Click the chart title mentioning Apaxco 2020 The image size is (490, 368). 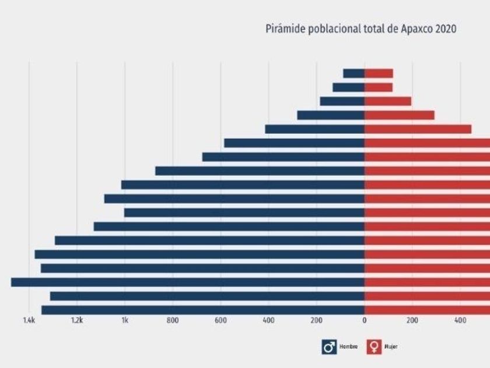tap(361, 28)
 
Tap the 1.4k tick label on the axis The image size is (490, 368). tap(29, 320)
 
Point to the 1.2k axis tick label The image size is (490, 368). tap(77, 320)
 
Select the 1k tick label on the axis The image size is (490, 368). tap(125, 320)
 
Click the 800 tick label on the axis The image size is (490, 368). tap(172, 320)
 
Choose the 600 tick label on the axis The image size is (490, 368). tap(220, 320)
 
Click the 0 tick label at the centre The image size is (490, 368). tap(365, 320)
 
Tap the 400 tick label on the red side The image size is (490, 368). tap(460, 320)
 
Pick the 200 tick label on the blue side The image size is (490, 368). tap(316, 320)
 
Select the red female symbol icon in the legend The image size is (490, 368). tap(373, 347)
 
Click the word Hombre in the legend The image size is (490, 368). tap(348, 347)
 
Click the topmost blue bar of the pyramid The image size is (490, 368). tap(353, 74)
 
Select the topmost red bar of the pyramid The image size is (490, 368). tap(379, 74)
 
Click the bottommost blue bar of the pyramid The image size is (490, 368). tap(203, 310)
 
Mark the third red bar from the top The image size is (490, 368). tap(388, 101)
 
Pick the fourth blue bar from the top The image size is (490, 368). tap(331, 115)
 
